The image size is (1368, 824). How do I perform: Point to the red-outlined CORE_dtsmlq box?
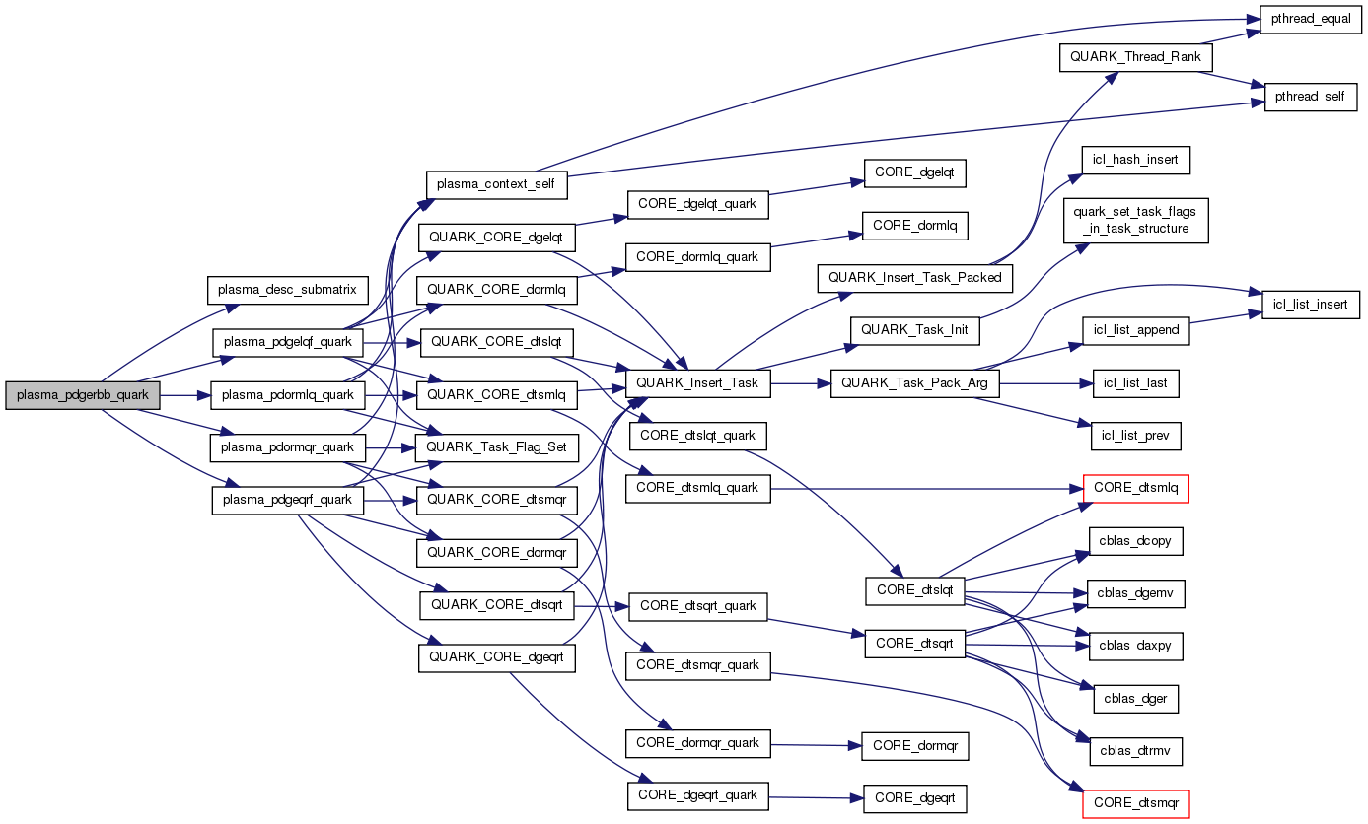pyautogui.click(x=1136, y=488)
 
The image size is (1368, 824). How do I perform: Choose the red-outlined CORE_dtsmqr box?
pyautogui.click(x=1136, y=803)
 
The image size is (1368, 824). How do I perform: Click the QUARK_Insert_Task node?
pyautogui.click(x=697, y=383)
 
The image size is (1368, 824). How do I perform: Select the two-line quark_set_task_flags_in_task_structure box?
pyautogui.click(x=1135, y=221)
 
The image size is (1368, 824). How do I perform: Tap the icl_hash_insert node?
pyautogui.click(x=1135, y=159)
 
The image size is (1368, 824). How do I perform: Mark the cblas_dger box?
pyautogui.click(x=1136, y=699)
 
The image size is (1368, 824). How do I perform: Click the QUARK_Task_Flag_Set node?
pyautogui.click(x=496, y=446)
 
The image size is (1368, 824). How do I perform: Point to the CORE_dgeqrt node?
pyautogui.click(x=914, y=798)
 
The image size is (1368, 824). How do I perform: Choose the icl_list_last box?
pyautogui.click(x=1136, y=383)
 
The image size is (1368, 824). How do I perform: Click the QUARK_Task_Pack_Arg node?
pyautogui.click(x=914, y=383)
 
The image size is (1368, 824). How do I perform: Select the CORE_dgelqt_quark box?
pyautogui.click(x=697, y=204)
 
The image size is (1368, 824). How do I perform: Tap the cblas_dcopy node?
pyautogui.click(x=1136, y=541)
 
